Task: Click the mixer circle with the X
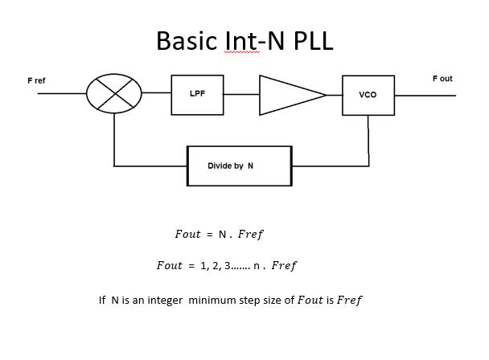115,93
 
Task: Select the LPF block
197,93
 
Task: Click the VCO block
368,94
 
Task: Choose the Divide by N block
239,166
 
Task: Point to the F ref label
37,81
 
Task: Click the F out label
442,79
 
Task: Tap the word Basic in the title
189,40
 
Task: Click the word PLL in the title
310,40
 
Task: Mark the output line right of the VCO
425,95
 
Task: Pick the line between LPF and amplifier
240,93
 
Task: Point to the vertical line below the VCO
368,137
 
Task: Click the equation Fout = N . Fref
219,235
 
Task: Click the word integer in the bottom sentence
168,301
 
